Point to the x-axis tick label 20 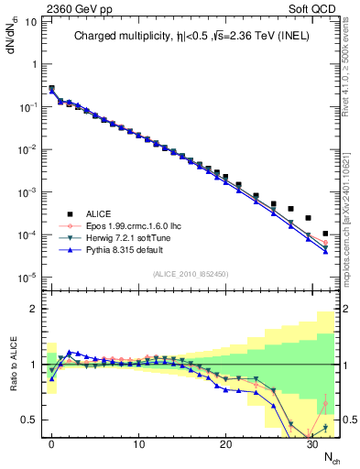(224, 444)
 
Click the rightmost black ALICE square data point (325, 234)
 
